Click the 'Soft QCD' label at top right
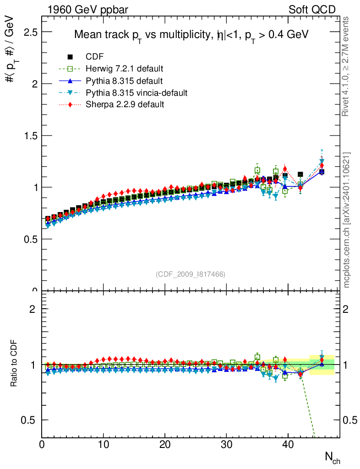tap(312, 9)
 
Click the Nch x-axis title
tap(333, 457)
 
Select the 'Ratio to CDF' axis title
tap(13, 365)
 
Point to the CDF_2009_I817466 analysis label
tap(191, 274)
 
